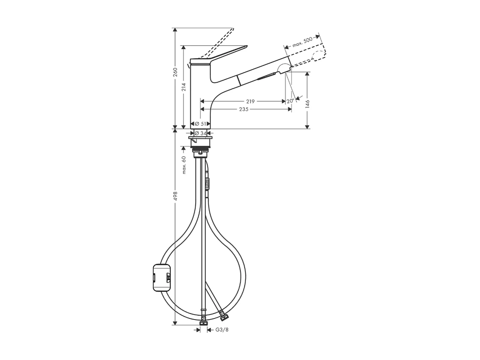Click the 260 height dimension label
[x=175, y=72]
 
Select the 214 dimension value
[x=184, y=87]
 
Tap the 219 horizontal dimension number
[x=250, y=101]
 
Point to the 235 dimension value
[x=244, y=109]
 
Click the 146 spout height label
[x=307, y=103]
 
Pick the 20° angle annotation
[x=290, y=101]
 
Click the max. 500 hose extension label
[x=302, y=42]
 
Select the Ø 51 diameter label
[x=200, y=124]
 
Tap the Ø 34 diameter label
[x=200, y=133]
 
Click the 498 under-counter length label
[x=175, y=196]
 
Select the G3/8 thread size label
[x=222, y=330]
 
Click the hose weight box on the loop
[x=162, y=277]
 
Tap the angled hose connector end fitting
[x=224, y=316]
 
